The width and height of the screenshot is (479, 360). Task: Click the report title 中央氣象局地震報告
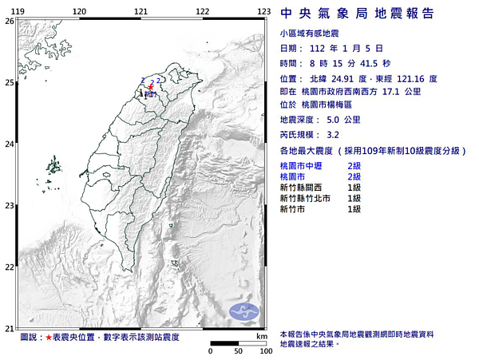[x=358, y=13]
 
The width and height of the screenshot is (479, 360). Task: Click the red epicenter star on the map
[x=149, y=87]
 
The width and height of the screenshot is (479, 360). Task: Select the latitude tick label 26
[x=9, y=22]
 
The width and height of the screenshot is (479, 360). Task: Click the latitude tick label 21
[x=9, y=328]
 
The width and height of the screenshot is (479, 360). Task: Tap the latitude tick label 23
[x=9, y=206]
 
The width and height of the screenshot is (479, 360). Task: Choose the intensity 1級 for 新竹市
[x=354, y=208]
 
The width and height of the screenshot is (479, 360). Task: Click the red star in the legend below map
[x=48, y=338]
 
